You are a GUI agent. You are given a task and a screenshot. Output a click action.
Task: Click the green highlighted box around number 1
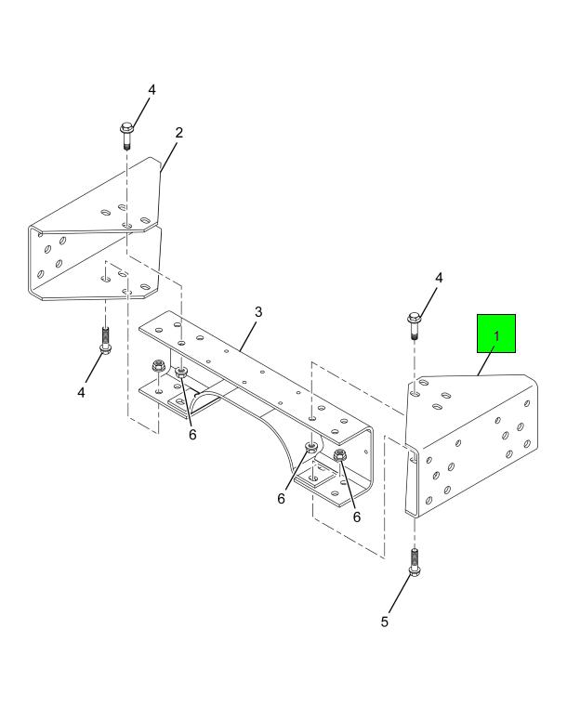pos(496,334)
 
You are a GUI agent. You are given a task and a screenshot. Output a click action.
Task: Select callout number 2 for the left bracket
pos(179,133)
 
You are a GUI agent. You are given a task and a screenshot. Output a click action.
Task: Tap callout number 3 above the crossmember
pos(258,312)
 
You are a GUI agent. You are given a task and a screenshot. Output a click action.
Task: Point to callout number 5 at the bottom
pos(384,622)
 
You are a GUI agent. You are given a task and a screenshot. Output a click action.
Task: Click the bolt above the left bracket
pos(126,135)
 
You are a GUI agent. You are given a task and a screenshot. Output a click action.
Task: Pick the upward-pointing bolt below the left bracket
pos(105,341)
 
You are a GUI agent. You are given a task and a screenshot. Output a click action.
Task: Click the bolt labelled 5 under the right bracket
pos(415,563)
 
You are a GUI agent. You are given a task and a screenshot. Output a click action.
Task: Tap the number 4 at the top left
pos(152,90)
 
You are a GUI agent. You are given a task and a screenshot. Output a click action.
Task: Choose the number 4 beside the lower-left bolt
pos(81,393)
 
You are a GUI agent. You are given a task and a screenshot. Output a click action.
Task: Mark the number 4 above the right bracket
pos(439,278)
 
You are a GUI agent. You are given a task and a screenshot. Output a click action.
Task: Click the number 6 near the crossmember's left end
pos(192,435)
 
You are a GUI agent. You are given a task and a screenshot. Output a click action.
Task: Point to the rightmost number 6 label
pos(357,517)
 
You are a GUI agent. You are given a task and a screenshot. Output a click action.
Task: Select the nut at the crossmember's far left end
pos(158,365)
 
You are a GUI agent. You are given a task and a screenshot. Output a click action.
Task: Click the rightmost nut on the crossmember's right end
pos(340,455)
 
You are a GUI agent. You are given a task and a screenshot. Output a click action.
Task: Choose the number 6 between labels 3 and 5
pos(281,499)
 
